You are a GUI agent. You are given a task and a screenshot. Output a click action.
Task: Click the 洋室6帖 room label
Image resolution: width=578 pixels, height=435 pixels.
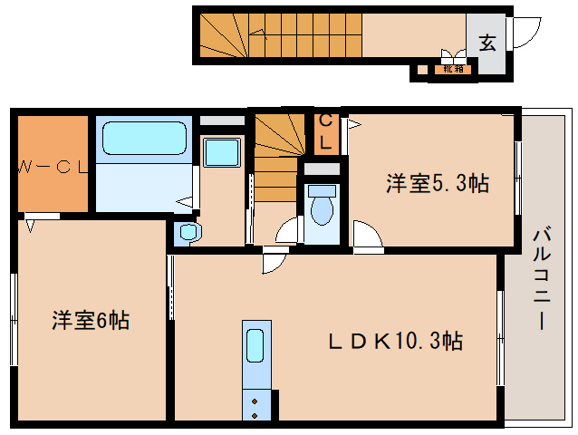click(89, 320)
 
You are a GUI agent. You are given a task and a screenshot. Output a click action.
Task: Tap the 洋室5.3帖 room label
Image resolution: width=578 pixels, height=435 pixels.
click(438, 183)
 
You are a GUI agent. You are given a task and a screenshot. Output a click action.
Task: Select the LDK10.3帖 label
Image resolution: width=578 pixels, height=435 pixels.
click(395, 342)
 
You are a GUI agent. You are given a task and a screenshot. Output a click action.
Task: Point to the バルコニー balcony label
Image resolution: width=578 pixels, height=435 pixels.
click(541, 279)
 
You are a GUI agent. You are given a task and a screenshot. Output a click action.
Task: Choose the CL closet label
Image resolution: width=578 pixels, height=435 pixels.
click(328, 131)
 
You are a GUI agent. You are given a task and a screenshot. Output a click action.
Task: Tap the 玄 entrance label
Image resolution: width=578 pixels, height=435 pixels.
click(487, 42)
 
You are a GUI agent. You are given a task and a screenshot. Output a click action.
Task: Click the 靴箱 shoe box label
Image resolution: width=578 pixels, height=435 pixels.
click(450, 68)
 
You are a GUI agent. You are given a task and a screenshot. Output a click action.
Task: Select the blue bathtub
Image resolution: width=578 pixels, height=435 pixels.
click(144, 139)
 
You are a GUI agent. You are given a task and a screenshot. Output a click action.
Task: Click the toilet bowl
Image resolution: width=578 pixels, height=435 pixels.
click(322, 207)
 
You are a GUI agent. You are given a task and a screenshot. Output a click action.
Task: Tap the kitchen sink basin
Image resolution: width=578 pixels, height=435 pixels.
click(255, 346)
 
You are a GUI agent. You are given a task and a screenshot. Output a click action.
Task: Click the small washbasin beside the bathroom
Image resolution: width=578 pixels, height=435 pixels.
click(188, 232)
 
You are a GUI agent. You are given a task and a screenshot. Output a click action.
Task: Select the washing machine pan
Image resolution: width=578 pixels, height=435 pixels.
click(220, 151)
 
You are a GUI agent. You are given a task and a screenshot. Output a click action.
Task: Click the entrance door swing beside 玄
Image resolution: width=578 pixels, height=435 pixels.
click(525, 34)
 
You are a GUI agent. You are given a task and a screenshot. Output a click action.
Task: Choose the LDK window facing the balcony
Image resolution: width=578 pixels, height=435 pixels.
click(501, 336)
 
